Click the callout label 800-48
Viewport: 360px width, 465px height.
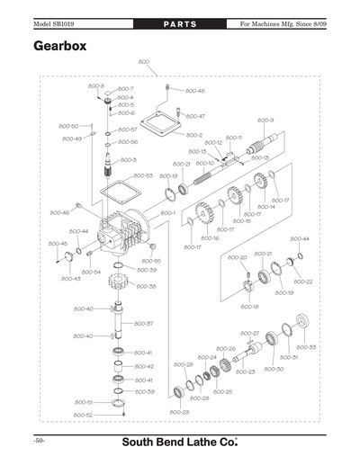[195, 91]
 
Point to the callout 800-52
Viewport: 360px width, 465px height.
[83, 415]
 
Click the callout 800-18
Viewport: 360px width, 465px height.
[249, 307]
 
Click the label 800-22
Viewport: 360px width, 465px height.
[303, 282]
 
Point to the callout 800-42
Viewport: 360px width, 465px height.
[144, 367]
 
